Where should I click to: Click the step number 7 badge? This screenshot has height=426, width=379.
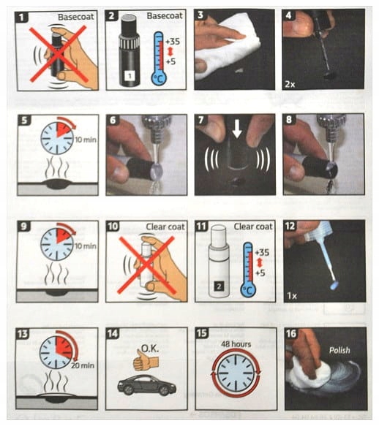[x=200, y=120]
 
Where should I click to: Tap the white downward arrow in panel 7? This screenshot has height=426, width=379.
[x=237, y=130]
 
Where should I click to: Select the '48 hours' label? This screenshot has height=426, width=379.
[x=236, y=344]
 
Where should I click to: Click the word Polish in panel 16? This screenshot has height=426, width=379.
[x=339, y=350]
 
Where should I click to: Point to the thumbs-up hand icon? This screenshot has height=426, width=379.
[x=142, y=360]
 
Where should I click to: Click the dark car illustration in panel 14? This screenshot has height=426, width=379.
[x=146, y=385]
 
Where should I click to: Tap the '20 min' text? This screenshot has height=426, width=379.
[x=83, y=365]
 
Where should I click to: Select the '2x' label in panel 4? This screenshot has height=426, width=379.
[x=290, y=84]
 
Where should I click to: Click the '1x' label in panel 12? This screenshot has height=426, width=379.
[x=292, y=296]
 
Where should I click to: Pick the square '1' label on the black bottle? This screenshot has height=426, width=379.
[x=130, y=76]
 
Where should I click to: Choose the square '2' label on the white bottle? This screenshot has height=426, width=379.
[x=219, y=286]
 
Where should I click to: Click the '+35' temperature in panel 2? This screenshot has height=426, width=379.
[x=173, y=42]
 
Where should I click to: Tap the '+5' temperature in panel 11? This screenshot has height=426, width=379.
[x=260, y=273]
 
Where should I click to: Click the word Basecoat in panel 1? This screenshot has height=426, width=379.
[x=76, y=17]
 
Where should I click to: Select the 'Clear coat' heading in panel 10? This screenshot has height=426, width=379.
[x=165, y=227]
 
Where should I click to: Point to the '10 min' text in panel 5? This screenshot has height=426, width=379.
[x=86, y=140]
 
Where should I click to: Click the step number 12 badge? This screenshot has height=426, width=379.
[x=290, y=226]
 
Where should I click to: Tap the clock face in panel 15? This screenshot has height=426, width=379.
[x=236, y=373]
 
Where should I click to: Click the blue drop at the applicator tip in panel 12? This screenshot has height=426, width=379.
[x=334, y=286]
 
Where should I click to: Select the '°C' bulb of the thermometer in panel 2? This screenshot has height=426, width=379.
[x=159, y=77]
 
